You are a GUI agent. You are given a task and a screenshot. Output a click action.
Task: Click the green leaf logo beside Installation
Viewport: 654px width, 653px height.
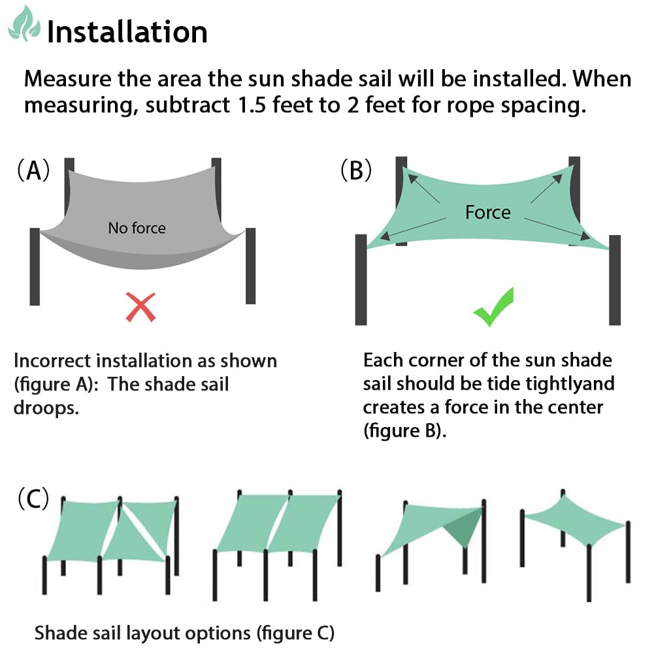click(23, 24)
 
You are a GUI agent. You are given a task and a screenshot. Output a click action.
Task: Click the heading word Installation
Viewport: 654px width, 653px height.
click(127, 31)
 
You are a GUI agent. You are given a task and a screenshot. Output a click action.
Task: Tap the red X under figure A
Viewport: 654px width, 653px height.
click(140, 306)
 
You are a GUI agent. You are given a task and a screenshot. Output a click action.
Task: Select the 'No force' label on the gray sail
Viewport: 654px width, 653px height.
click(137, 228)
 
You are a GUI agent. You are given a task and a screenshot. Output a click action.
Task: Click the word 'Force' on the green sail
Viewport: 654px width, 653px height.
click(487, 212)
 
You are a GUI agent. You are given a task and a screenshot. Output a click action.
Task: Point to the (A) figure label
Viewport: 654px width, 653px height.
click(33, 171)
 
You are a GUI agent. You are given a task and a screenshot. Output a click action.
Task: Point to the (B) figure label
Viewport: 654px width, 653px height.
click(356, 171)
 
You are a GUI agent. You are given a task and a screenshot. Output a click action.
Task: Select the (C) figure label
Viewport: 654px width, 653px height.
click(33, 500)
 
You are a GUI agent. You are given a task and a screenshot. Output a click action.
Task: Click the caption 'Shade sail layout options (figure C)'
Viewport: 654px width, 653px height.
click(184, 633)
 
